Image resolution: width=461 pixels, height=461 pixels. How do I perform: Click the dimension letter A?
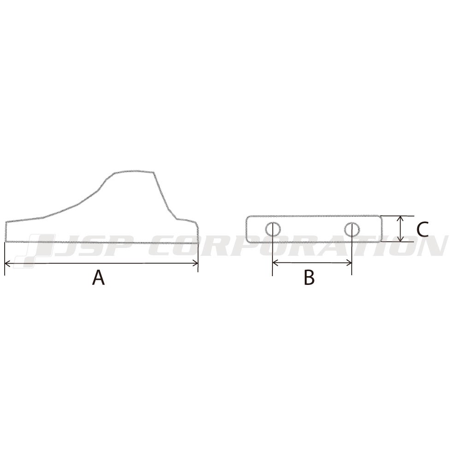98,278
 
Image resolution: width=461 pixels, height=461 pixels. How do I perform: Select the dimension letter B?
309,278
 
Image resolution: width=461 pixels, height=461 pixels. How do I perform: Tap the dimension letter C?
422,229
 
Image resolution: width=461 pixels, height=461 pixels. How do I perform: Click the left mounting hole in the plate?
272,228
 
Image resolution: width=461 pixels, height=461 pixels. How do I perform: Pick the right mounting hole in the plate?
352,228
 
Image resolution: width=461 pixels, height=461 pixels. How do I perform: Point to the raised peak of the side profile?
134,171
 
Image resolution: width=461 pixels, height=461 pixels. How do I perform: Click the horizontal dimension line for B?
312,263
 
